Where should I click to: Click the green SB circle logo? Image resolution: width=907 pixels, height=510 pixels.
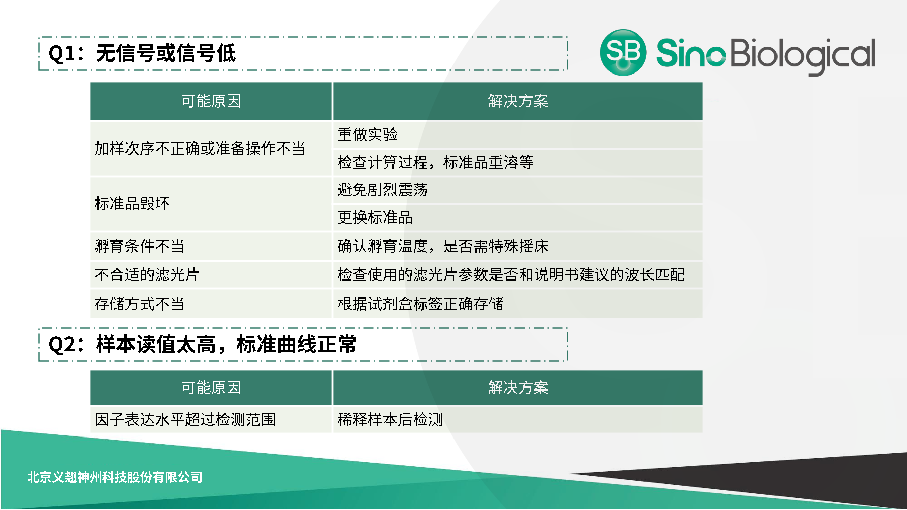623,52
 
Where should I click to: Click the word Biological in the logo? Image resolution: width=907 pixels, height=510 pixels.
802,54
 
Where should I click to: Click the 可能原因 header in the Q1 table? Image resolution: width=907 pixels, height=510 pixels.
211,101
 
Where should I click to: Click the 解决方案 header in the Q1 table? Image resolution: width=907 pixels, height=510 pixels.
517,101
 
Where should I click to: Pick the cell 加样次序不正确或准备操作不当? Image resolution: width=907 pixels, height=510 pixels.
200,149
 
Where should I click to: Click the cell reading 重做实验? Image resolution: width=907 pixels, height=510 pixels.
367,135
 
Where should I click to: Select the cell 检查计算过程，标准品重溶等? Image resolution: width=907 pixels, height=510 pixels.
435,163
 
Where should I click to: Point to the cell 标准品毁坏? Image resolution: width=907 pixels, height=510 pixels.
132,203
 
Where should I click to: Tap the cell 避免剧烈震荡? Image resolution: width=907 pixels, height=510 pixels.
382,190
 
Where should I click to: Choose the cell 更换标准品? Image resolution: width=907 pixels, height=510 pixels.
375,217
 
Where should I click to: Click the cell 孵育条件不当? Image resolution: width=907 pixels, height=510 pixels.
140,246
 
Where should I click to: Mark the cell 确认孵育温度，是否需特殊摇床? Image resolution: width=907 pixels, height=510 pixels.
443,246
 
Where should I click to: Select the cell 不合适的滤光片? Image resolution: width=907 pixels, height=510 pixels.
147,275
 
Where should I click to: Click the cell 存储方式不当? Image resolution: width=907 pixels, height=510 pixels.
140,304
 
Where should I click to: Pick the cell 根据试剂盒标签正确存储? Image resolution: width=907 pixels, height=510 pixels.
420,304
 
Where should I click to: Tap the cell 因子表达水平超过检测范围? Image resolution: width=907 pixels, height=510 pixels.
185,419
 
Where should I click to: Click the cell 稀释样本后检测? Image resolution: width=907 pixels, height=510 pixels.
390,419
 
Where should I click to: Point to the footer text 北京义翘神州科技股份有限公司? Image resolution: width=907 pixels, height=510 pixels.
115,477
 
